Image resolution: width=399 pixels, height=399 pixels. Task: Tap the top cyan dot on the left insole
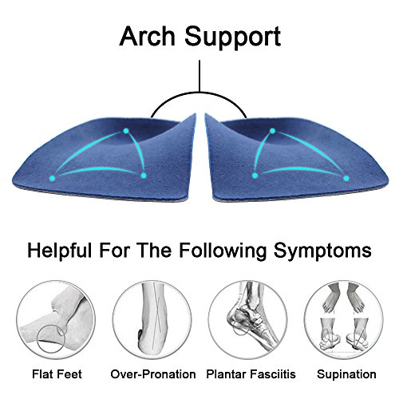125,130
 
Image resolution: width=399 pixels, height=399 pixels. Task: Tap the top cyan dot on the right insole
272,130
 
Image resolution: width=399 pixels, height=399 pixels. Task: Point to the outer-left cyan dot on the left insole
53,175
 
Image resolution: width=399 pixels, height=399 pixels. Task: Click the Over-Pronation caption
152,373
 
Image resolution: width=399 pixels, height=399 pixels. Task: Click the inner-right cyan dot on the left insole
144,175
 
